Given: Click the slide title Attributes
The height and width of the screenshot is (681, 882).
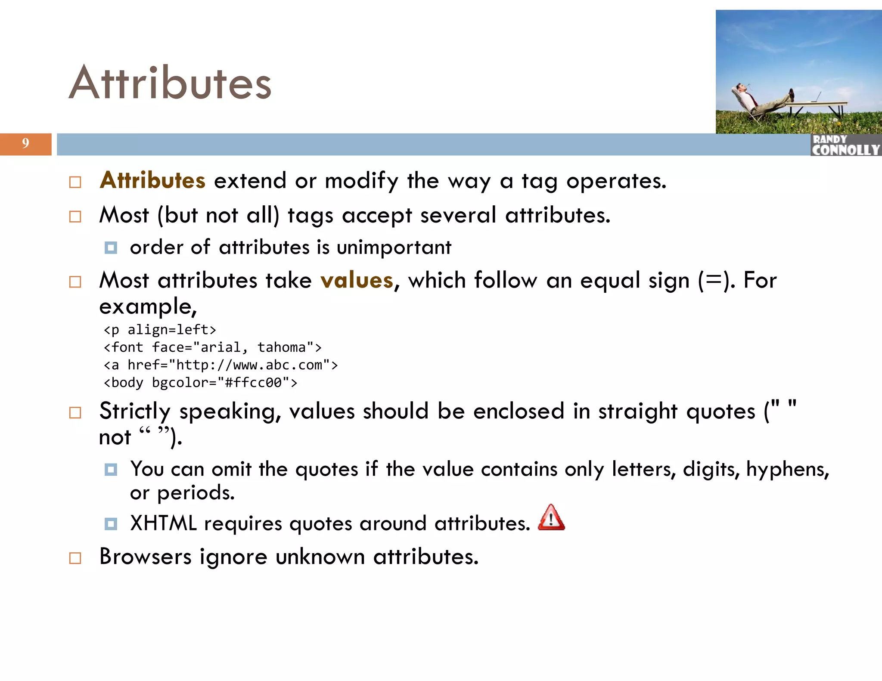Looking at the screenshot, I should point(170,83).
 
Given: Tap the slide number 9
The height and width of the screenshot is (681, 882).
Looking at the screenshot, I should point(25,143).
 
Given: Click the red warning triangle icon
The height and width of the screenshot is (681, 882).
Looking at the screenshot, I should point(551,518).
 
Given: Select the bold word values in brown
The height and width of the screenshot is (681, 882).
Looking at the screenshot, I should point(357,280).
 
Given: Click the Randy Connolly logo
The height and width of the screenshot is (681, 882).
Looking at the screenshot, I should point(845,145).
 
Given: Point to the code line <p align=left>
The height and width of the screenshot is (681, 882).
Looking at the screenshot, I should point(160,330).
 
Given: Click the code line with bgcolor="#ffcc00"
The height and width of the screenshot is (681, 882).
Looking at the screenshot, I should point(200,383).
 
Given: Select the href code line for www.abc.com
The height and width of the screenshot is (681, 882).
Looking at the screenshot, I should point(220,365).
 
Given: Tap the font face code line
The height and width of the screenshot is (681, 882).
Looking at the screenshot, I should point(212,347).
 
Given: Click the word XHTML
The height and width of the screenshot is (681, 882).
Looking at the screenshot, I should point(163,523).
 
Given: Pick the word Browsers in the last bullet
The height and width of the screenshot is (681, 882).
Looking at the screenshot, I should point(145,557).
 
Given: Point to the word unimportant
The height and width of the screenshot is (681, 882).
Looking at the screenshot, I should point(394,248).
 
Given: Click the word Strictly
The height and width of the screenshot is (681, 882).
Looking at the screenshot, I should point(135,412).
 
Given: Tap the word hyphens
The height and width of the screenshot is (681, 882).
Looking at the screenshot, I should point(787,469).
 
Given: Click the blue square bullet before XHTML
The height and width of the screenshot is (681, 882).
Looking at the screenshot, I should point(111,524).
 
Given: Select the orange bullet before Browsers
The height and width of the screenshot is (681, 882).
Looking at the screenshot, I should point(75,558).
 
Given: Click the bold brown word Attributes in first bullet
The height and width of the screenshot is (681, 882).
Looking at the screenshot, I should point(152,180).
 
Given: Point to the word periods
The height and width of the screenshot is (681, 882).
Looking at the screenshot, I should point(196,493).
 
